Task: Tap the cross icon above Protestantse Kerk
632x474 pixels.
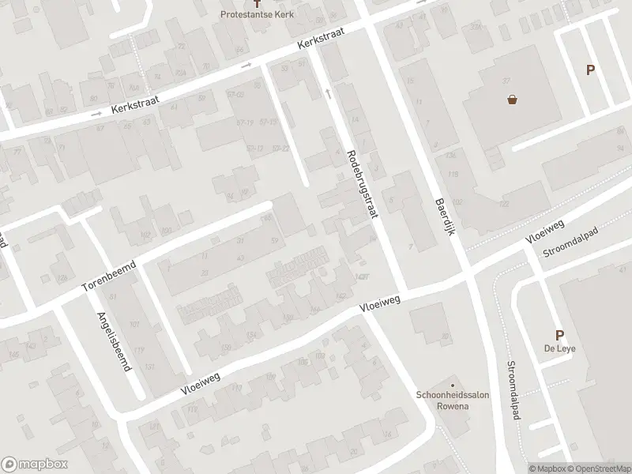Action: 255,4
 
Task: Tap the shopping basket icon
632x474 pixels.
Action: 513,100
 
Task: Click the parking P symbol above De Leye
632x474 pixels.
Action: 559,335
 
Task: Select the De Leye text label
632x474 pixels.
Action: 559,350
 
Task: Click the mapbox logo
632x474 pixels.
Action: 33,465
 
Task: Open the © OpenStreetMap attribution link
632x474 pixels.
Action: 598,468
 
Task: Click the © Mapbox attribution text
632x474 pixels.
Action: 547,468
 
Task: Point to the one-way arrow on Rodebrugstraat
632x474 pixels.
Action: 327,93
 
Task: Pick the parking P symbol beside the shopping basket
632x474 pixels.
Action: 589,70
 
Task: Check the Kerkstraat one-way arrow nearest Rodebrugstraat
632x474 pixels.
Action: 246,65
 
